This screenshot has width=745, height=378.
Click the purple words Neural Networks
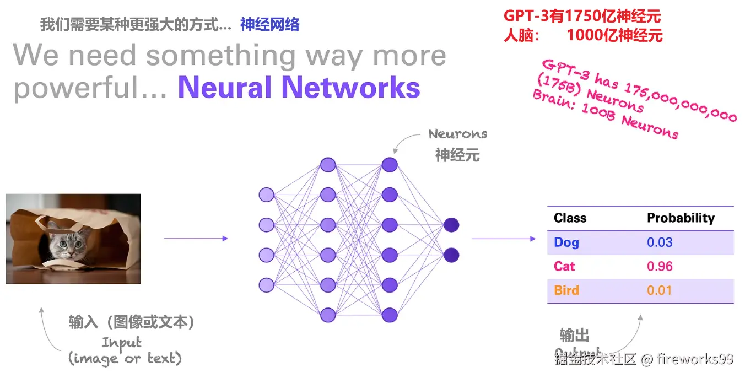point(299,87)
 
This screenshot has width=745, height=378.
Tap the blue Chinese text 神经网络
point(269,24)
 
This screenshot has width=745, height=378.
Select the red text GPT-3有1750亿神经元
point(582,16)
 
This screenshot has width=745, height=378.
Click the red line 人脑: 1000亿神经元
point(582,36)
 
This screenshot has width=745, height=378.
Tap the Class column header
point(570,218)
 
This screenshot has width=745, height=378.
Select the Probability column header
point(681,218)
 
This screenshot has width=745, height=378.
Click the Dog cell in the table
point(566,242)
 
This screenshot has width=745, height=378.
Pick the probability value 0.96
point(660,266)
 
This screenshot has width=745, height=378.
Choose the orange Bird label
point(566,290)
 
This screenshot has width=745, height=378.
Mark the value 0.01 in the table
point(659,290)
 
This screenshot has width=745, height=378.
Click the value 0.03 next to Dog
point(660,242)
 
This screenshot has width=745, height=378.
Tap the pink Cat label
point(564,266)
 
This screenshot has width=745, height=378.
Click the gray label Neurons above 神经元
point(457,134)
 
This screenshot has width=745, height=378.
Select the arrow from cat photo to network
point(196,239)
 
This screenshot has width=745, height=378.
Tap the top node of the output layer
point(451,225)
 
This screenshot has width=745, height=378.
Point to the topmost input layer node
point(266,195)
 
